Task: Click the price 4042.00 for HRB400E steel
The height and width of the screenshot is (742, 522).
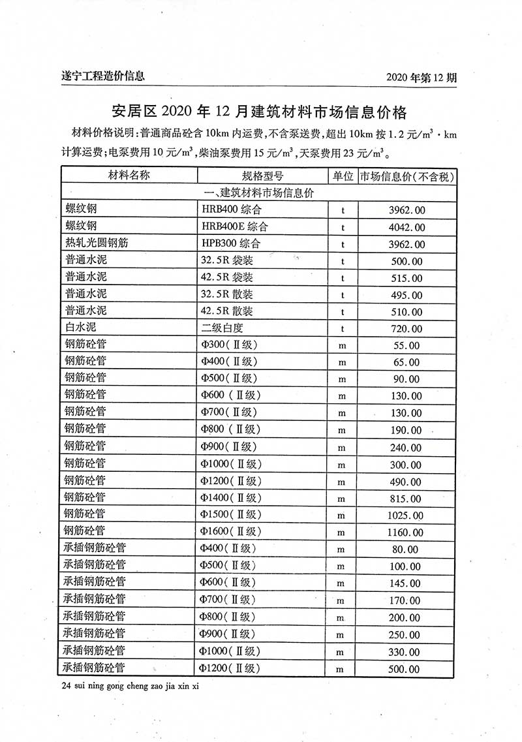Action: point(407,227)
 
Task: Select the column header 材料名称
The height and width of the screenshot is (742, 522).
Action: point(129,176)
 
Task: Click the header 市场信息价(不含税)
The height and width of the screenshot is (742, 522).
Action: point(407,176)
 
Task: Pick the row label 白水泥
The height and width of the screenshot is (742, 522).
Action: point(81,328)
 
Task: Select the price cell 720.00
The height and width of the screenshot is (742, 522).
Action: point(406,329)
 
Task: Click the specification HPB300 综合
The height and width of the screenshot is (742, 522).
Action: point(231,244)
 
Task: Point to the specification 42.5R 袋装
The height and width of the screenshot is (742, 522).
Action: point(227,278)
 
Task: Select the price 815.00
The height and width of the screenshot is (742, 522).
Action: point(406,499)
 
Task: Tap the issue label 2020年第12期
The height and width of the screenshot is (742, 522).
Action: point(422,77)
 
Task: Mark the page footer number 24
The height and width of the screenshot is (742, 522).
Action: point(65,687)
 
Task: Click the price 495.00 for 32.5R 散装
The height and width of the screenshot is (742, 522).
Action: point(406,295)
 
